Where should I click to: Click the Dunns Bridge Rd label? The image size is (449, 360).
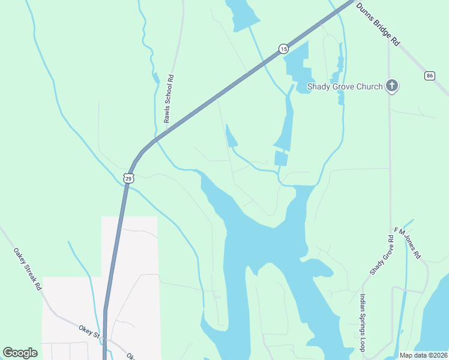coord(378,24)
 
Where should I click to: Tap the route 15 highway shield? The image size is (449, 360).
coord(283,48)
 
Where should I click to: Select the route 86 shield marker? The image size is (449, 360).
coord(429,75)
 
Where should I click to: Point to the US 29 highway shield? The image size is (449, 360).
coord(128,178)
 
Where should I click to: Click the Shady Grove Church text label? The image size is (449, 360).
coord(345,86)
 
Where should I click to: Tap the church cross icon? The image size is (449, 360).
coord(392,86)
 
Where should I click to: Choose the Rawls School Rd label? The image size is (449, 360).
coord(170,99)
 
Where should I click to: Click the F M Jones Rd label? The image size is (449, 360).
coord(408,243)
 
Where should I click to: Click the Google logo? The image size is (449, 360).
coord(20,353)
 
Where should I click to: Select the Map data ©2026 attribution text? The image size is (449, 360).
coord(423,355)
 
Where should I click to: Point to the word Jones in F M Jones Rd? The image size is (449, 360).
coord(409,244)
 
